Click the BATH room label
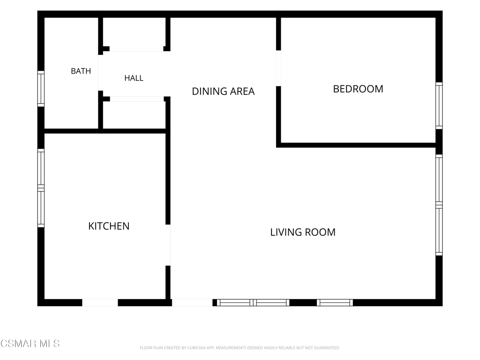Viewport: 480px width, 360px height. [81, 71]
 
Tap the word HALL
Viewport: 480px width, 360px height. [134, 78]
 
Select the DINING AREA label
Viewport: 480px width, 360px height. [223, 91]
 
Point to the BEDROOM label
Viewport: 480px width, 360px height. [358, 89]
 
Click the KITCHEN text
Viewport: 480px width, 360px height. [109, 226]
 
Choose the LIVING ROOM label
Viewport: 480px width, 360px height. [303, 232]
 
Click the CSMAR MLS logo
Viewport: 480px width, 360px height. [30, 344]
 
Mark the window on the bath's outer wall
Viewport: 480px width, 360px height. [41, 89]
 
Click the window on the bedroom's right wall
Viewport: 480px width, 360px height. [439, 105]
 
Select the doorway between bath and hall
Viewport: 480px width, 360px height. [100, 73]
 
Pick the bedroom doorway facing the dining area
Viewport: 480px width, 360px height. [278, 68]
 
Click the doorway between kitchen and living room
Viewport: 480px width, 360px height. [168, 245]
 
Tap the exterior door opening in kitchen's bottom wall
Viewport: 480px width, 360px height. [100, 302]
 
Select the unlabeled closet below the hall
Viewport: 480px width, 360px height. [135, 115]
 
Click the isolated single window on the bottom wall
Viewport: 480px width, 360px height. [335, 302]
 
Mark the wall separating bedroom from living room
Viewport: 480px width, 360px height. [356, 145]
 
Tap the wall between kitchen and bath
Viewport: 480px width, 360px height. [105, 131]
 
